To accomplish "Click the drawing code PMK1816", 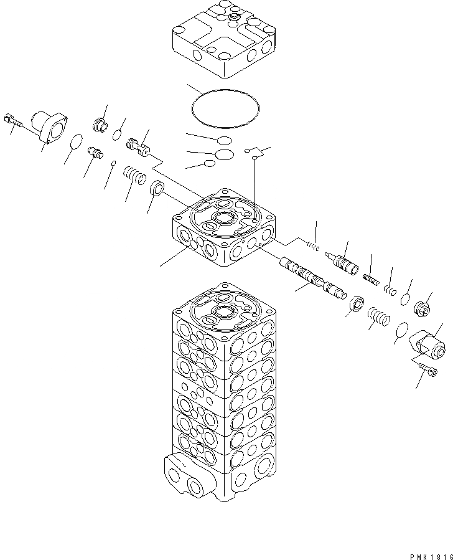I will pos(429,554).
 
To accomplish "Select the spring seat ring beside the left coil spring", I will pos(157,187).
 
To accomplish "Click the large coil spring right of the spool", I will pos(378,316).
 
